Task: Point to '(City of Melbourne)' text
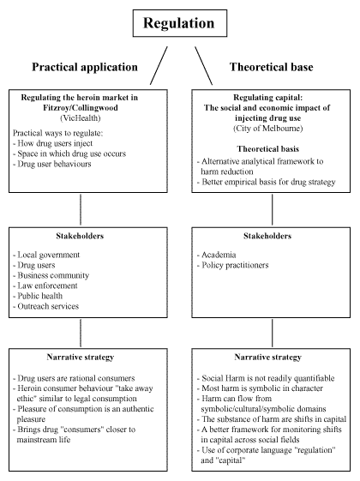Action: (x=270, y=129)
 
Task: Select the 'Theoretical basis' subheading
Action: (x=270, y=145)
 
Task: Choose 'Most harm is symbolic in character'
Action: (x=261, y=388)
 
